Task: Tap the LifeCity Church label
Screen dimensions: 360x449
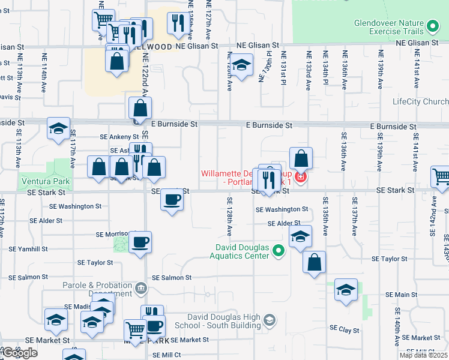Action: (420, 101)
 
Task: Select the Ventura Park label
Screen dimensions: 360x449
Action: (45, 181)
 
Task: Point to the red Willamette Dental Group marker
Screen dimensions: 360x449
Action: (300, 178)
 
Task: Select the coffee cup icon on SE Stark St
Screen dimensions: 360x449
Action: (172, 199)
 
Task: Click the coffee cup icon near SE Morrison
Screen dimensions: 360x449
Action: (140, 242)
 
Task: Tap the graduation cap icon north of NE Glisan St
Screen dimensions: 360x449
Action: (241, 65)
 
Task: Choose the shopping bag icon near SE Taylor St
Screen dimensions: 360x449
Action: (314, 262)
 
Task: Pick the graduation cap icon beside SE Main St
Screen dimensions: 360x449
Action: (346, 290)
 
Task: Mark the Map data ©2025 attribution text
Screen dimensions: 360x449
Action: (423, 355)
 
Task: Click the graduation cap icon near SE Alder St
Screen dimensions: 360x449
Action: (300, 236)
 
